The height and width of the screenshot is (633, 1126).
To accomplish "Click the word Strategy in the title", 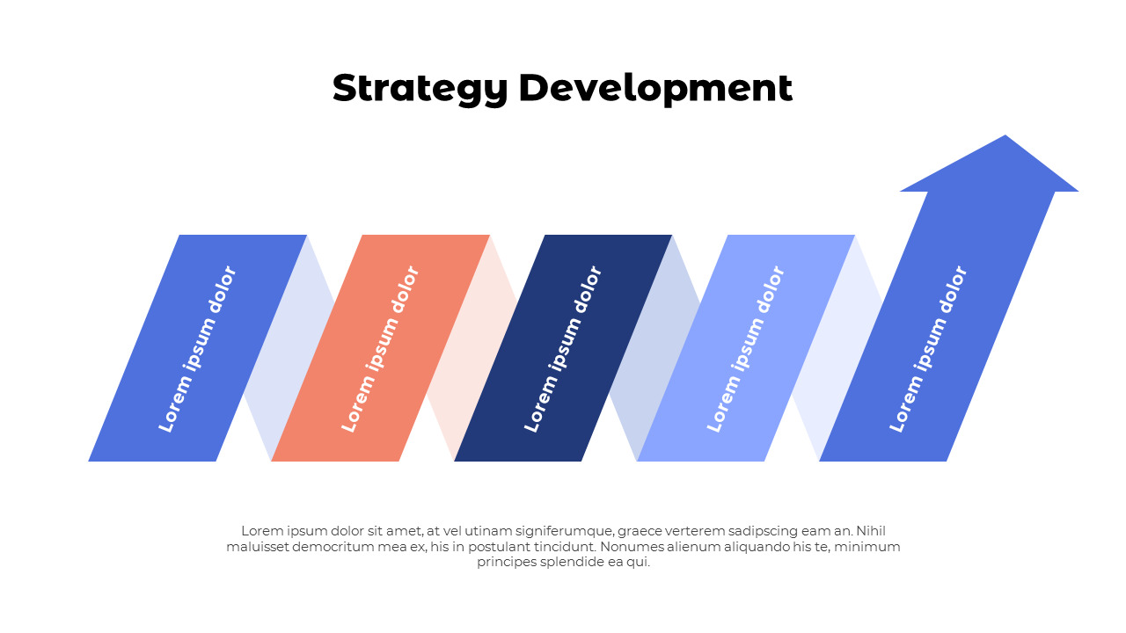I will click(x=420, y=89).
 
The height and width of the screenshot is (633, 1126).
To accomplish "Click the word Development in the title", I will click(x=655, y=89).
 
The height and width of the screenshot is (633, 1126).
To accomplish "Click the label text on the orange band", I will click(x=380, y=349).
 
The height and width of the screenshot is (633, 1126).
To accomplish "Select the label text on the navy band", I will click(x=563, y=349).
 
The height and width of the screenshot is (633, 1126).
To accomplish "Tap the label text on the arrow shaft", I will click(x=928, y=349).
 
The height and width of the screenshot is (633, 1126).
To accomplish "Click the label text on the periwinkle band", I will click(x=746, y=349).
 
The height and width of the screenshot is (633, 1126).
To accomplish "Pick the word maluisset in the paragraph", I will click(x=256, y=547).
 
